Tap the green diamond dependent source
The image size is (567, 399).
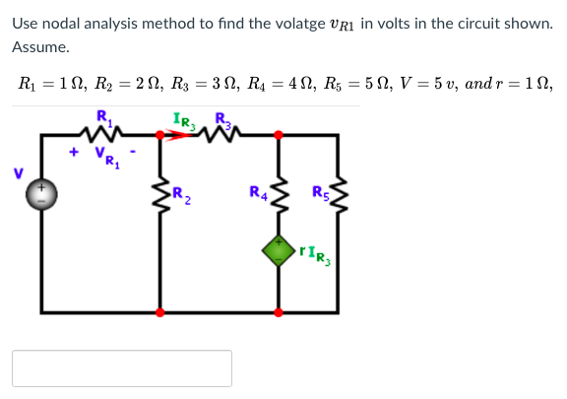point(279,249)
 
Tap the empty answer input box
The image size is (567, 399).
point(122,368)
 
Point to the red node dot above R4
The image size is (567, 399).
point(279,133)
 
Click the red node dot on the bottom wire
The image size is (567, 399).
point(279,312)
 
